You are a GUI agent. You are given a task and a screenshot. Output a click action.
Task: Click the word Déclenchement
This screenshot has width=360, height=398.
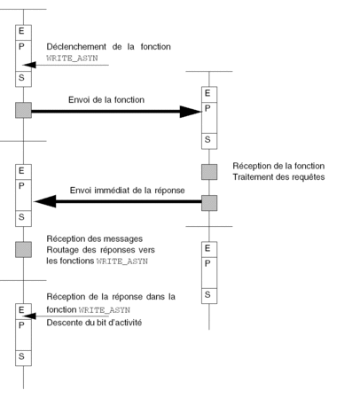click(76, 47)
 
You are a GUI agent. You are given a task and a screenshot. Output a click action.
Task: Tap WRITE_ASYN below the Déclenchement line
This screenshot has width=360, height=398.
click(72, 58)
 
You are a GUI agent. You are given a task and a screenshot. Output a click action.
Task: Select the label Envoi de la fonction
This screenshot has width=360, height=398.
click(106, 99)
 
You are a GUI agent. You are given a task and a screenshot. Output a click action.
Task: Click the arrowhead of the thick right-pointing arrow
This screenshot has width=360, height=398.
click(191, 112)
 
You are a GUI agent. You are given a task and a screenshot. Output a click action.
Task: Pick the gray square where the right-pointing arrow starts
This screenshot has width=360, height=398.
click(23, 110)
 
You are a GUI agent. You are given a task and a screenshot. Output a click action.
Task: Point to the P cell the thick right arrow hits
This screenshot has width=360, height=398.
click(209, 118)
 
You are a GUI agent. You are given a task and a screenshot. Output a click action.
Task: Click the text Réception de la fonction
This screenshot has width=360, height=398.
click(278, 166)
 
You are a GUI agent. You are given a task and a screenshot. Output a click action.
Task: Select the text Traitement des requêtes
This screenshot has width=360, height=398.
click(278, 177)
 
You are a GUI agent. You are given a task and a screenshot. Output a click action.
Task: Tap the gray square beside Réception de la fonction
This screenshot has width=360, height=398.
click(209, 172)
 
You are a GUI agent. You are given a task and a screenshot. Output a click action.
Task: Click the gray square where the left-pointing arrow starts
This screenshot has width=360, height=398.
click(209, 203)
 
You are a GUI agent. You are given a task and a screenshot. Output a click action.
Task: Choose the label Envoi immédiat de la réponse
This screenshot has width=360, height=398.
click(128, 191)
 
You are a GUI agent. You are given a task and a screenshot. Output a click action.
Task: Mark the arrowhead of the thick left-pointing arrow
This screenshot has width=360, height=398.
click(45, 201)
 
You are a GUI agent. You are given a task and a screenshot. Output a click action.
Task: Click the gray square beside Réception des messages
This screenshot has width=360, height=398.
click(23, 249)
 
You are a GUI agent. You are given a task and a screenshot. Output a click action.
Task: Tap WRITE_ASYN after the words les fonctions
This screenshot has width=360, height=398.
click(122, 261)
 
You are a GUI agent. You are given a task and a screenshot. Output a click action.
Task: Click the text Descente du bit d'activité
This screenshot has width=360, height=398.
click(94, 323)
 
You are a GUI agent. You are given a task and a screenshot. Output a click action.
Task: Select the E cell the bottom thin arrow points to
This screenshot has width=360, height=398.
click(23, 311)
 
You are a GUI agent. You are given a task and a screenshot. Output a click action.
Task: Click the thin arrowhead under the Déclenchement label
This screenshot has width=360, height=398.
click(29, 65)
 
